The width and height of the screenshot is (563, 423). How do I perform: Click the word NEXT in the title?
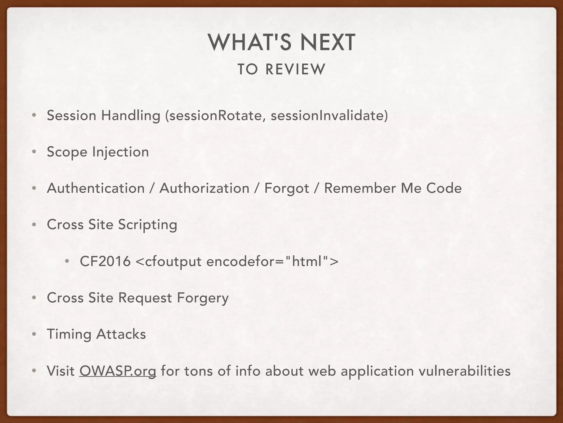pos(327,43)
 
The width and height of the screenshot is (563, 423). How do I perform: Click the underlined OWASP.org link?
pos(118,371)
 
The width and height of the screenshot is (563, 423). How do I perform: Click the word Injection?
pos(120,152)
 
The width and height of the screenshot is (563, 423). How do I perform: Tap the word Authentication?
pos(96,188)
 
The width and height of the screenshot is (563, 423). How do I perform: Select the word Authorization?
pos(204,188)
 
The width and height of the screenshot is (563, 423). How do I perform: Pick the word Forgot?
pos(287,188)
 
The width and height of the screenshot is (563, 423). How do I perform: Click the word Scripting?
pos(148,225)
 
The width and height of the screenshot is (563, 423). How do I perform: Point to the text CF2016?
pos(105,261)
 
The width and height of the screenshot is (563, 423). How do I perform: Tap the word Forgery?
pos(203,298)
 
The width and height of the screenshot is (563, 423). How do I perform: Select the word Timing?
pos(69,334)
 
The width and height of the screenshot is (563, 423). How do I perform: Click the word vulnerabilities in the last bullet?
pos(464,371)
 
